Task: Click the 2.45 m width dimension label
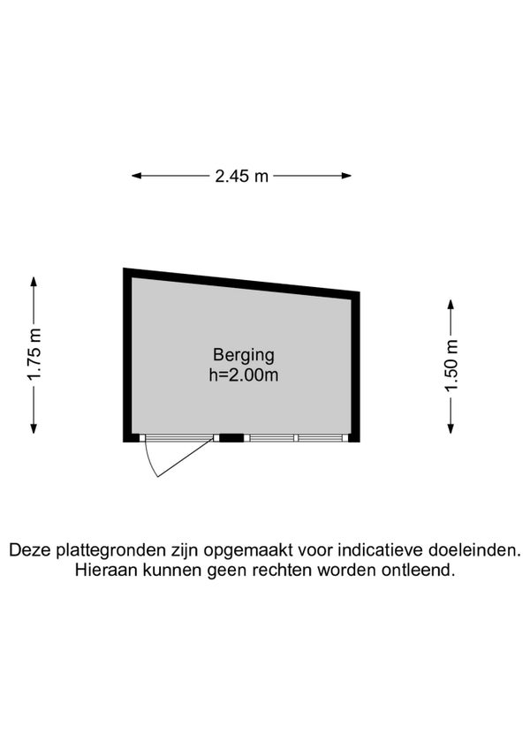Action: [x=241, y=177]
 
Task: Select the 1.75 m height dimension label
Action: [x=34, y=354]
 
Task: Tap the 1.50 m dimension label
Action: [x=451, y=365]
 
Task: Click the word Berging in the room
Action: [x=244, y=355]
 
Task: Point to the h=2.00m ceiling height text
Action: [x=244, y=375]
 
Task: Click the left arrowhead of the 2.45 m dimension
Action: [x=137, y=176]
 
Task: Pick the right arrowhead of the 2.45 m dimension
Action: [x=346, y=176]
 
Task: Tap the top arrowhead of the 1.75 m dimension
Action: [x=34, y=282]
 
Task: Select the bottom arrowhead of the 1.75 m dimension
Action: [x=34, y=428]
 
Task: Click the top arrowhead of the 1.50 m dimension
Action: [x=450, y=304]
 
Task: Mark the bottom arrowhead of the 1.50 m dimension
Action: [x=450, y=428]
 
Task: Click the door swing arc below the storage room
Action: [x=149, y=462]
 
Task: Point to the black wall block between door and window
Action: [x=231, y=437]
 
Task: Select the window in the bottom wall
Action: [x=296, y=437]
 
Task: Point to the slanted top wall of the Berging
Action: [x=241, y=284]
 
